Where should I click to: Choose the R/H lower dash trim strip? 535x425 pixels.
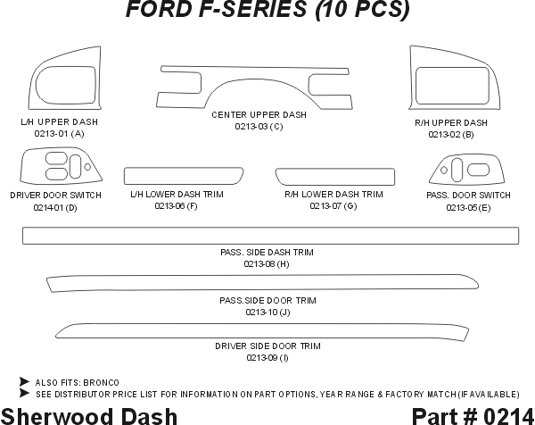pos(334,174)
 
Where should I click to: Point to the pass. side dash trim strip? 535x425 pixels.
pos(270,235)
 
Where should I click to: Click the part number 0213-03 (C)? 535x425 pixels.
pos(259,127)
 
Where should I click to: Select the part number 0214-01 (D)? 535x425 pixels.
pos(55,208)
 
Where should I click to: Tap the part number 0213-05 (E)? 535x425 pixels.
pos(467,208)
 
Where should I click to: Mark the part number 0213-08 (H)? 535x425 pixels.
pos(267,264)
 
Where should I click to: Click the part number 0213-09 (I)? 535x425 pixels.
pos(267,358)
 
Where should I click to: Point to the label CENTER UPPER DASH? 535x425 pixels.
pos(259,115)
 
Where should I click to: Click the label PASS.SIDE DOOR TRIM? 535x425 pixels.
pos(267,301)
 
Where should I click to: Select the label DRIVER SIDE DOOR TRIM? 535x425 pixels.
pos(267,346)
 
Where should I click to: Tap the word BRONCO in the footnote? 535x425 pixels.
pos(113,382)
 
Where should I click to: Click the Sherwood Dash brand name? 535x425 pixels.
pos(89,415)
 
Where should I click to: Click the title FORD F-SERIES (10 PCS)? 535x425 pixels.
pos(267,11)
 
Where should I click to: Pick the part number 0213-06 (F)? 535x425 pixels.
pos(176,206)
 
